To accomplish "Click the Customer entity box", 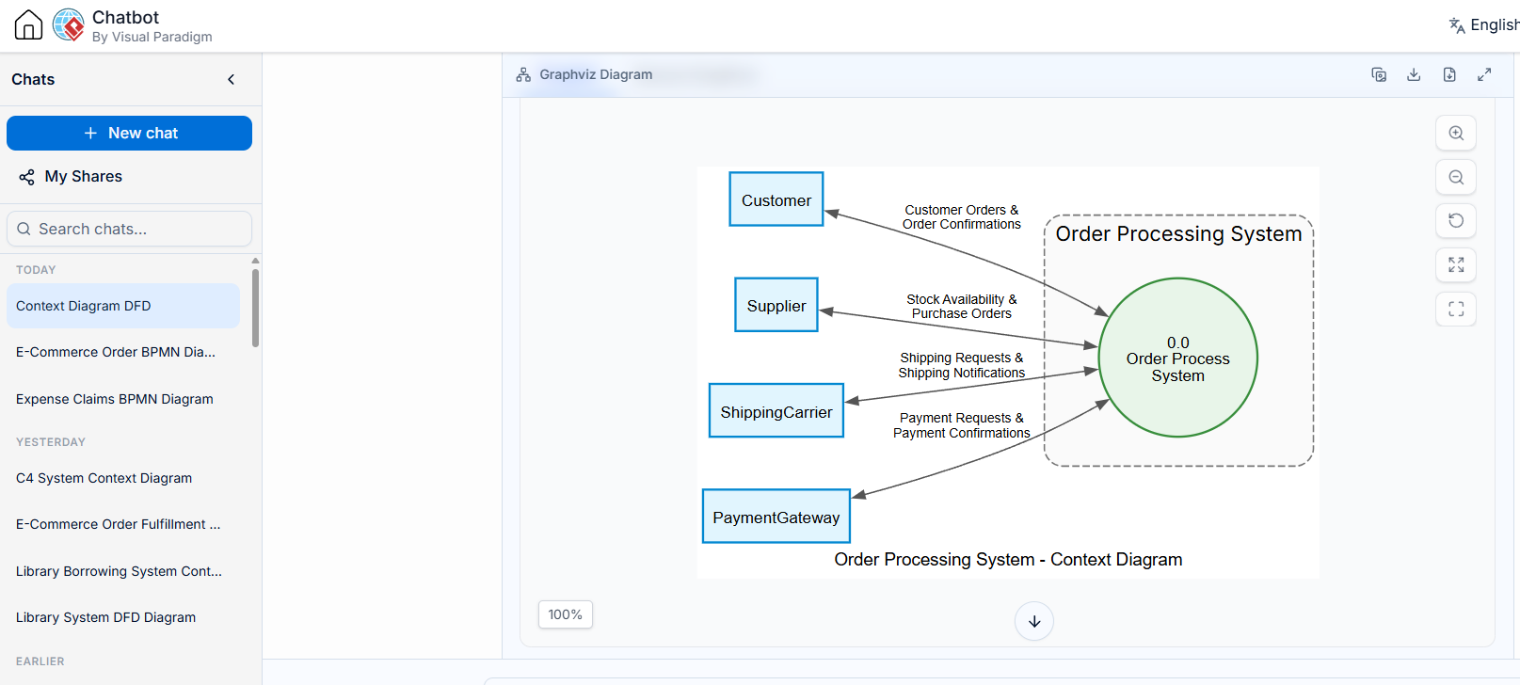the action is pos(776,199).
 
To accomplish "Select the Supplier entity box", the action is pos(776,305).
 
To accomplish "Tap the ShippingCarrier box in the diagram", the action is pos(776,411).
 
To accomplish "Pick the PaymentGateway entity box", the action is pos(776,517).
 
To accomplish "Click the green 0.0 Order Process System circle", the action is pos(1178,358).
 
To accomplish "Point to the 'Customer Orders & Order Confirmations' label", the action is pos(962,217).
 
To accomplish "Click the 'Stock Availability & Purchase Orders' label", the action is pos(962,307).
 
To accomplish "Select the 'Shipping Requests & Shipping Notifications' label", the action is pos(962,366).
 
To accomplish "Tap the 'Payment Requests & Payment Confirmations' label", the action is pos(962,426).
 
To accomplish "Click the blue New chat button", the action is pos(130,133).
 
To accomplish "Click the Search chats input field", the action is pos(130,229).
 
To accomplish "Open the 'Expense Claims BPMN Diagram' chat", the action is pos(115,399).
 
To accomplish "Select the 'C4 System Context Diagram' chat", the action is pos(104,478).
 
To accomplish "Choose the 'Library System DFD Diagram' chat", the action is pos(105,617).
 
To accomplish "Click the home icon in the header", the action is pos(28,25).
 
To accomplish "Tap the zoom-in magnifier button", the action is pos(1456,133).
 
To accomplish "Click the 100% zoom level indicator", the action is pos(566,614).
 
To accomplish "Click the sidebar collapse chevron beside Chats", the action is pos(232,79).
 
